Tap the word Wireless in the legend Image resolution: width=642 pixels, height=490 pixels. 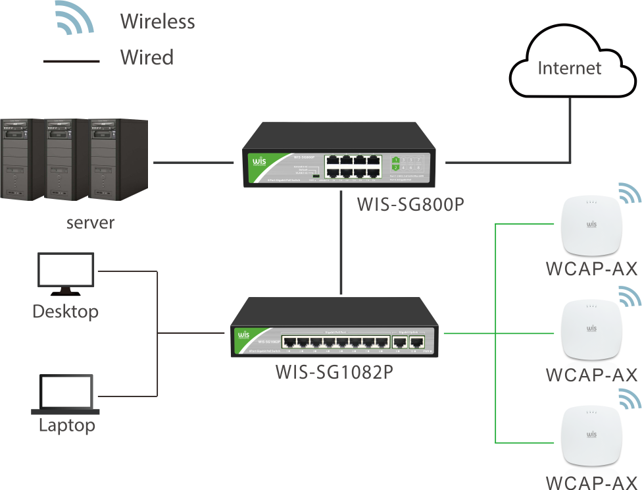(157, 22)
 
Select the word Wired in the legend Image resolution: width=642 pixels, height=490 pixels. (147, 57)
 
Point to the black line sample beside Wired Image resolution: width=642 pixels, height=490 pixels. (70, 61)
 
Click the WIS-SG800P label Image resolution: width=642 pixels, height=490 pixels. (410, 204)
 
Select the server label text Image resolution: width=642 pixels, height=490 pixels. (90, 223)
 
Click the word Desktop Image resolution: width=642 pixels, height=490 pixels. (65, 311)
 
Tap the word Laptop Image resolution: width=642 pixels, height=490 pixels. (66, 425)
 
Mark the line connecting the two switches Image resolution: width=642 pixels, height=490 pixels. (341, 244)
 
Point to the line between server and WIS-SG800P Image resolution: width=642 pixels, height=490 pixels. (193, 161)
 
